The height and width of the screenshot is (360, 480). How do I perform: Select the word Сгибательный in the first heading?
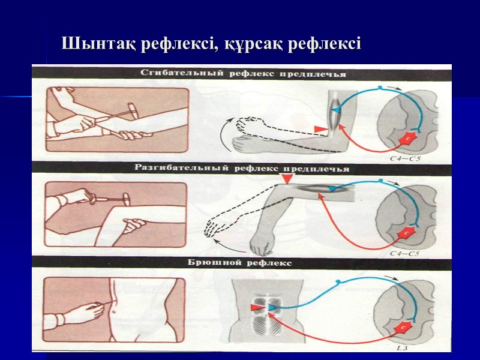(173, 74)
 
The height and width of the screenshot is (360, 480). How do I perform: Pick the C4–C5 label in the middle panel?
(403, 253)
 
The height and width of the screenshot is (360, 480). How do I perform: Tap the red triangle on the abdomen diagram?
(257, 307)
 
